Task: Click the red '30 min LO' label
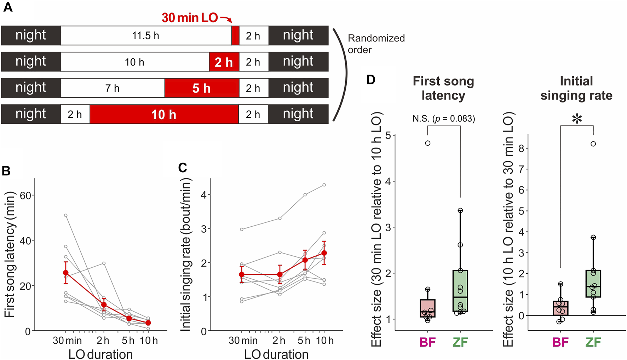coord(190,18)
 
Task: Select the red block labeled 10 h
coord(164,114)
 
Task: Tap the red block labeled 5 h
coord(202,88)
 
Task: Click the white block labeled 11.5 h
coord(146,35)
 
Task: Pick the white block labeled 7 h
coord(113,88)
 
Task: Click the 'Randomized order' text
coord(376,44)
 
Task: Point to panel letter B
coord(6,171)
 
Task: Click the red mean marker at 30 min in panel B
coord(66,273)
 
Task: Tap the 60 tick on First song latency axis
coord(25,195)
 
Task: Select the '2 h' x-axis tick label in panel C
coord(279,341)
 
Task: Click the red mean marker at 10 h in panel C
coord(324,253)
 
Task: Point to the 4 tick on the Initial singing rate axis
coord(203,194)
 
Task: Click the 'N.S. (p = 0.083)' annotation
coord(444,119)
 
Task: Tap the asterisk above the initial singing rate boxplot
coord(577,120)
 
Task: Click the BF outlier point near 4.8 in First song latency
coord(428,143)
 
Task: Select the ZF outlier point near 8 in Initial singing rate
coord(593,144)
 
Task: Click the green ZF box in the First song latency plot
coord(460,291)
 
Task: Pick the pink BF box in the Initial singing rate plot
coord(560,308)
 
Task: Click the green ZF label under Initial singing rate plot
coord(593,342)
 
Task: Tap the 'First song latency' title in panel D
coord(443,88)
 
